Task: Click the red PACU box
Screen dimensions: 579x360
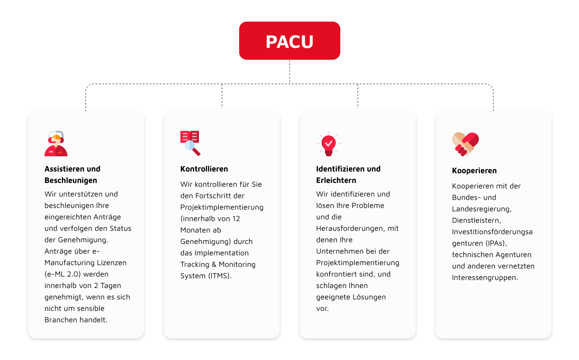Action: click(x=289, y=41)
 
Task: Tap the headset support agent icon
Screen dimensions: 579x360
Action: click(x=56, y=144)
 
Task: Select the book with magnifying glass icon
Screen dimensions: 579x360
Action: click(x=190, y=143)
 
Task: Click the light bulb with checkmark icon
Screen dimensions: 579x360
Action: click(x=328, y=144)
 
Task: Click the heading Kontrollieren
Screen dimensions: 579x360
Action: click(x=204, y=169)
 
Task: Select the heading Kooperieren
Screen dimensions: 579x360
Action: click(x=474, y=171)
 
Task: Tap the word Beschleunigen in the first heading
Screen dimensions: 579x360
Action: click(x=71, y=180)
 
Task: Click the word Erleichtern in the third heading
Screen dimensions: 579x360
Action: click(x=336, y=180)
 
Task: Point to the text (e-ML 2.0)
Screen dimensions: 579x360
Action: click(x=63, y=274)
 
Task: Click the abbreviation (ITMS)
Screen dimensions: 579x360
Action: click(x=220, y=276)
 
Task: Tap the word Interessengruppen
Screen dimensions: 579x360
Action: click(x=485, y=278)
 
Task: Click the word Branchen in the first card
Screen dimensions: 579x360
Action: click(x=61, y=320)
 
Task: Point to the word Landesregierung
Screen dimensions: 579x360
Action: click(x=482, y=209)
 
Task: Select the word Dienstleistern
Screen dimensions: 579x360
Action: click(x=477, y=220)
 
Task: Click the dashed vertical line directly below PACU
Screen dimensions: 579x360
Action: click(x=289, y=72)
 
